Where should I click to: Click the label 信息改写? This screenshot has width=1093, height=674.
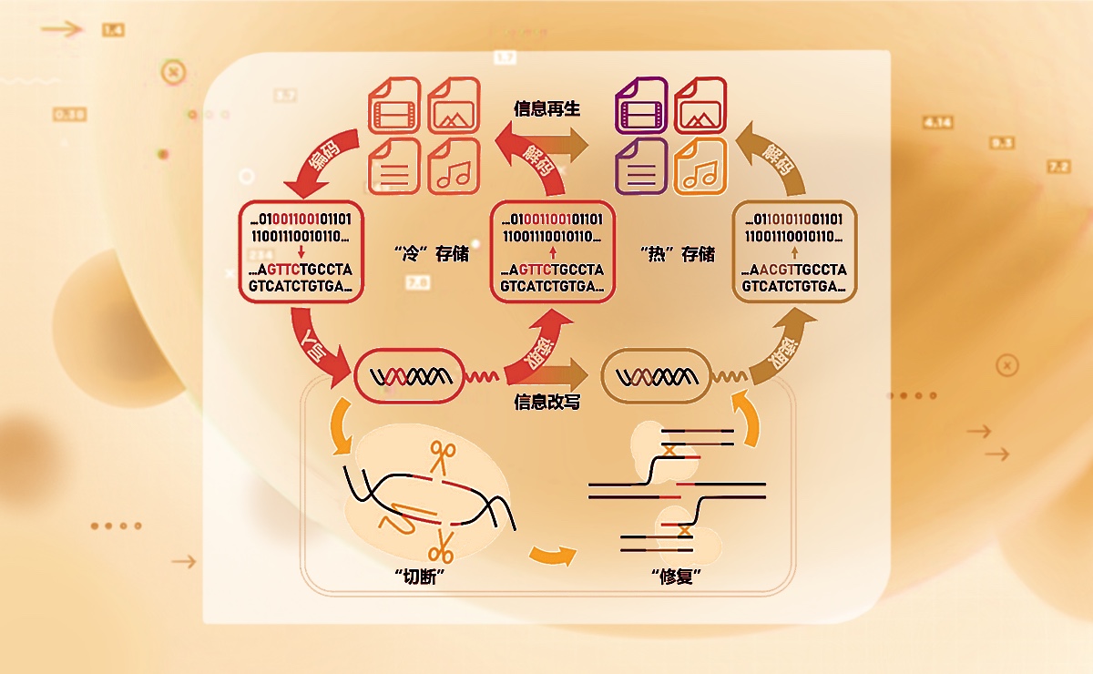click(546, 402)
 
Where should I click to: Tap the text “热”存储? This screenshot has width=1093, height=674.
click(678, 254)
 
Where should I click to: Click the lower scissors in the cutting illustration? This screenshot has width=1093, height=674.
click(441, 546)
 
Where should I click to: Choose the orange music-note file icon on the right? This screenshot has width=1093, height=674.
click(700, 166)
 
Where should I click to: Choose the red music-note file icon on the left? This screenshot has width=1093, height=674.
click(453, 166)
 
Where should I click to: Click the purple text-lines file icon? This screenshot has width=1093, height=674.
click(642, 166)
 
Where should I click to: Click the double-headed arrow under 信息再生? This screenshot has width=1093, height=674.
click(546, 143)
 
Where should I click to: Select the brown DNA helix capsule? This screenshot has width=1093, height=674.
click(659, 375)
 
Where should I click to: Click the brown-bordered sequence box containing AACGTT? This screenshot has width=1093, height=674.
click(795, 250)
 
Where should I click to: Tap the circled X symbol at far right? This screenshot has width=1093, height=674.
click(1006, 366)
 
